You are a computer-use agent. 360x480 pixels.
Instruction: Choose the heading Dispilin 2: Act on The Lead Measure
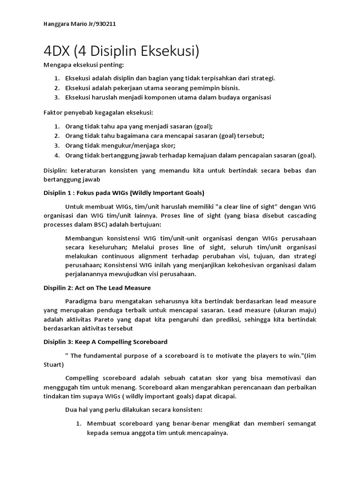(97, 287)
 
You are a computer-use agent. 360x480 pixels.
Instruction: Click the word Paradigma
(83, 300)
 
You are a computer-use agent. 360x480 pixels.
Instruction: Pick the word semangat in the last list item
(301, 423)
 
